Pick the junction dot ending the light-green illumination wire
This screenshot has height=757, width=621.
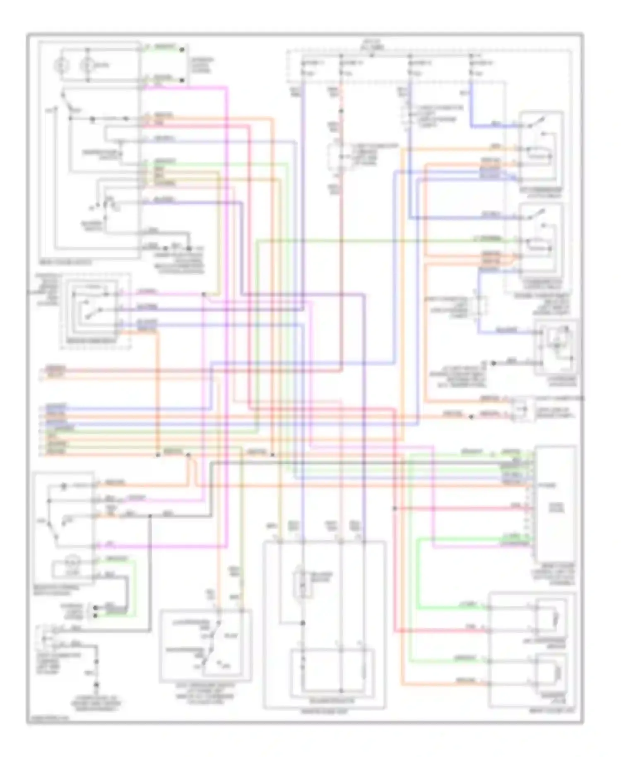coord(182,50)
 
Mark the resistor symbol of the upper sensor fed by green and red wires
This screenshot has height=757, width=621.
coord(556,620)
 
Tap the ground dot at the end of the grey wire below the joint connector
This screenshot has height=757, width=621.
coord(96,684)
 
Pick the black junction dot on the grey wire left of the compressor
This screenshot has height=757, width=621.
coord(493,363)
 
